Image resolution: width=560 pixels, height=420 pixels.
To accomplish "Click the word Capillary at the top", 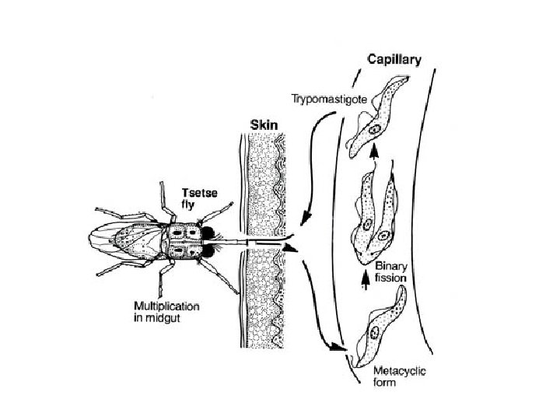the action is (394, 59).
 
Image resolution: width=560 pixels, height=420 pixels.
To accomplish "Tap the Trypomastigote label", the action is (324, 99).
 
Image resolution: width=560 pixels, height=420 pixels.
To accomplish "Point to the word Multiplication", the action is (166, 306).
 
